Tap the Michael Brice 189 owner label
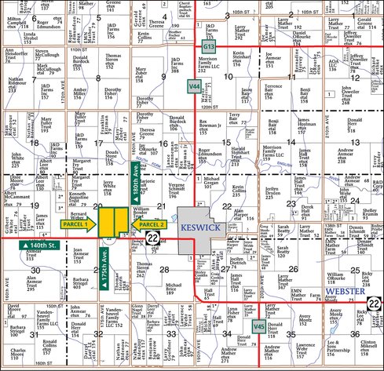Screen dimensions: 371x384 [174, 288]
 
